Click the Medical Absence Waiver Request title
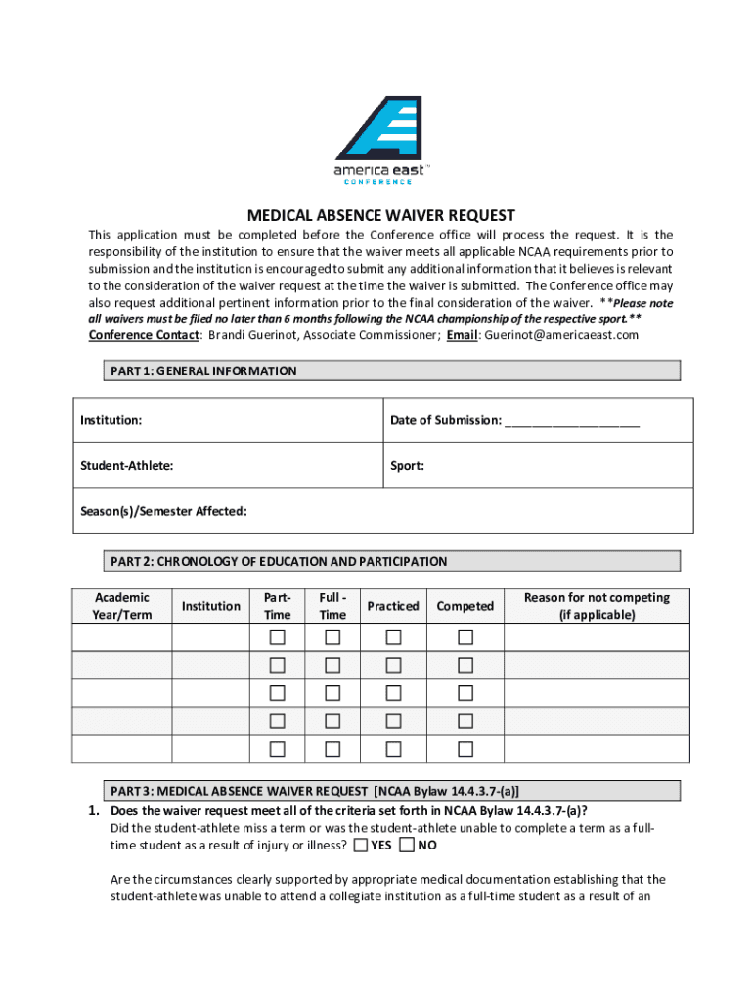click(380, 215)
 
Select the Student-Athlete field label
click(127, 466)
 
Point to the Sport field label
click(407, 466)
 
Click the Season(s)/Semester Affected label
click(163, 511)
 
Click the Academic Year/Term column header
click(122, 606)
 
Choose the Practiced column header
click(393, 606)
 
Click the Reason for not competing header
click(597, 606)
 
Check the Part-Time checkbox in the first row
click(278, 638)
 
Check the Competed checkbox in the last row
click(465, 750)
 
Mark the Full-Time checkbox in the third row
click(332, 694)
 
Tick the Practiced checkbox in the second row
click(393, 666)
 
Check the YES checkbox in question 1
click(362, 845)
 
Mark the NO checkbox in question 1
click(408, 845)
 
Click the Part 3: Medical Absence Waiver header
click(315, 790)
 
